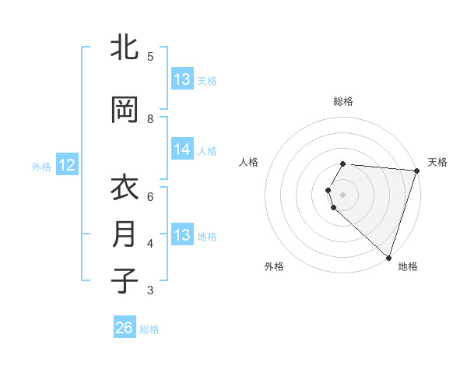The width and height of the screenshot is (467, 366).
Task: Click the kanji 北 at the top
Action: [125, 48]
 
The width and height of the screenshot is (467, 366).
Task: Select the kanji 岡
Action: [125, 110]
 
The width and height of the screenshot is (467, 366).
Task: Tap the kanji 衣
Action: [125, 188]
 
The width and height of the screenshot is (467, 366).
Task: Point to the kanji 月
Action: [125, 234]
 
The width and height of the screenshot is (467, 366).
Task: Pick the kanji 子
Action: [125, 281]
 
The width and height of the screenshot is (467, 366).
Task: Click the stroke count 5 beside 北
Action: [150, 56]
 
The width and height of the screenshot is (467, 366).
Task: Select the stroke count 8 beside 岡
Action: [150, 118]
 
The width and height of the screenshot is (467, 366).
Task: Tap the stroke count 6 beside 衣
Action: [150, 196]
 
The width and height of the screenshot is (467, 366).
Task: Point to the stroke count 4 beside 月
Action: [150, 243]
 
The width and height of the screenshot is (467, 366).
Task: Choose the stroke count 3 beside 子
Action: [150, 290]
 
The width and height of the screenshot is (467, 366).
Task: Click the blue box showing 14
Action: [182, 150]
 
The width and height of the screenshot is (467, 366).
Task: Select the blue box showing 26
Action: [125, 328]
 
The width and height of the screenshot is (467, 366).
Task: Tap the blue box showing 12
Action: [66, 165]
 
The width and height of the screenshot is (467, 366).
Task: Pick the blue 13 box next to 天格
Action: [182, 79]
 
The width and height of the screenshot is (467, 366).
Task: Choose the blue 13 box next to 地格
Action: [182, 235]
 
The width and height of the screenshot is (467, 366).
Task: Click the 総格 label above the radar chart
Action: [343, 101]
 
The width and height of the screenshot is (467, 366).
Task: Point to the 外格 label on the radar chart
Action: [274, 266]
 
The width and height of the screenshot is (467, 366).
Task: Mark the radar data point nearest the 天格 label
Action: [416, 171]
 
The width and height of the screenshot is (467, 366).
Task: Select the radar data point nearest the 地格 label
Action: [388, 257]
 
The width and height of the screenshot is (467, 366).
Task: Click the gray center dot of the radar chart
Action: [343, 194]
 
